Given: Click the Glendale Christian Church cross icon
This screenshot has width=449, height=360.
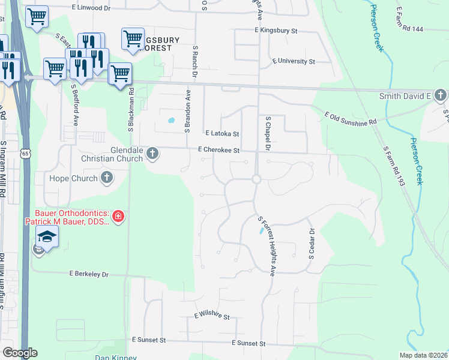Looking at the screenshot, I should point(152,154).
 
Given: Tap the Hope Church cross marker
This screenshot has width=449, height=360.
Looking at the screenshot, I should point(107,178).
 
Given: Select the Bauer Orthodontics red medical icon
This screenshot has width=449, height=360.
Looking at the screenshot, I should point(118,216).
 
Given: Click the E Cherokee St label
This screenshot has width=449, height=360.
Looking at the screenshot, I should point(219,150).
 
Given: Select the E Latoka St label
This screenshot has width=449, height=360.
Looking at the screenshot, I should point(222,134).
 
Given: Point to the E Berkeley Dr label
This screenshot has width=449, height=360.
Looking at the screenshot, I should point(89,274).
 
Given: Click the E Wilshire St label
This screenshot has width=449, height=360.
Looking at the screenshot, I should point(212,316).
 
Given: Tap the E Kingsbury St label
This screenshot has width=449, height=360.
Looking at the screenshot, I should point(276,30).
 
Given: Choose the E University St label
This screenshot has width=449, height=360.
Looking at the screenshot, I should point(294,61).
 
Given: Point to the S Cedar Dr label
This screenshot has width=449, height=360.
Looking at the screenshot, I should point(312,243).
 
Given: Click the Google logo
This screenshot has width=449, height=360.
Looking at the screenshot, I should point(20,353).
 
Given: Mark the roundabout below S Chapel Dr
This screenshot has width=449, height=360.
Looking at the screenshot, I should point(256,179).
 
